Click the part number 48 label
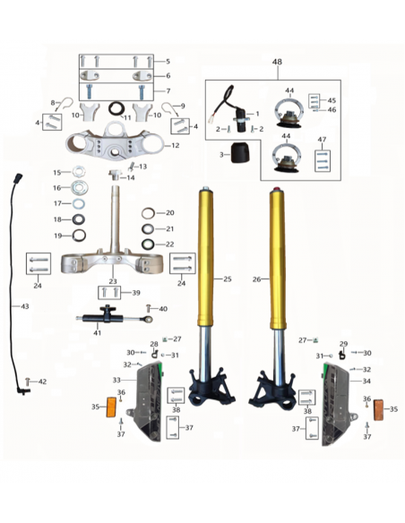coord(277,62)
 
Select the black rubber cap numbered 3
coord(240,153)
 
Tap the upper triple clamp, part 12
coord(115,142)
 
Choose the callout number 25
coord(228,279)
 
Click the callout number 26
coord(256,279)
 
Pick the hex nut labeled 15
coord(78,172)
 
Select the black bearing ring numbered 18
coord(79,219)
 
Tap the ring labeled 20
coord(148,213)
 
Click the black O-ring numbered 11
coord(116,108)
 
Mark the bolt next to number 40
coord(149,308)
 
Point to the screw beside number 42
coord(28,381)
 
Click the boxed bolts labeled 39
coord(109,293)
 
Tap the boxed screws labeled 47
coord(323,161)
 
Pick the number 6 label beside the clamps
coord(168,76)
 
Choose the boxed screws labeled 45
coord(314,101)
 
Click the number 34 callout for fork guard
coord(366,381)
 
